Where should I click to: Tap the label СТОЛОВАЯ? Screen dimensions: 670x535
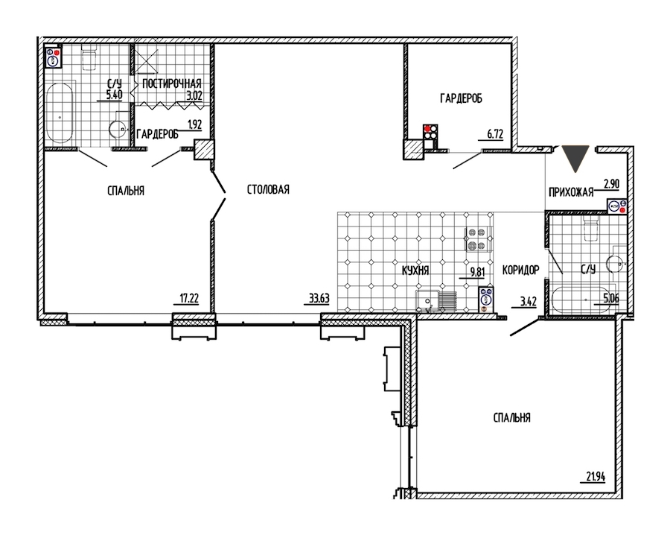tap(268, 189)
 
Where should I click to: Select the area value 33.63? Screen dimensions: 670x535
tap(319, 298)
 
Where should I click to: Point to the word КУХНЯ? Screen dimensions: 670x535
tap(415, 270)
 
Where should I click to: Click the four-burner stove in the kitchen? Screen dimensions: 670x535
tap(476, 238)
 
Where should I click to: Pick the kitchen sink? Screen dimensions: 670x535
tap(427, 301)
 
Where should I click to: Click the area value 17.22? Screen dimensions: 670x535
tap(188, 298)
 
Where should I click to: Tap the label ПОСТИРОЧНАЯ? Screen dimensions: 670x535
tap(172, 83)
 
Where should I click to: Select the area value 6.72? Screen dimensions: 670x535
tap(495, 134)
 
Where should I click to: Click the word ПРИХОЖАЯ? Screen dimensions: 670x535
tap(571, 192)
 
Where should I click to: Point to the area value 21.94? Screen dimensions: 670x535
tap(596, 476)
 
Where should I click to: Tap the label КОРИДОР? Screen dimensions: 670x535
tap(520, 270)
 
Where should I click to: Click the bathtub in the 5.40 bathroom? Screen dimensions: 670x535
tap(60, 113)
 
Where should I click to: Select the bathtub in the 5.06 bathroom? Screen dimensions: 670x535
tap(584, 300)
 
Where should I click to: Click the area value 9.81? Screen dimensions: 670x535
tap(477, 272)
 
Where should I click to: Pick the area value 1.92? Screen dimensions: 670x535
tap(194, 124)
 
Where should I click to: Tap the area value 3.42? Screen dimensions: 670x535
tap(528, 302)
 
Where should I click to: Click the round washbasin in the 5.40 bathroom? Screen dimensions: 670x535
tap(117, 128)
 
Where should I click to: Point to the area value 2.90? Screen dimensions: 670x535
tap(611, 184)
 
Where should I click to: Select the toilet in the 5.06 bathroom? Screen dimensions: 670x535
tap(592, 228)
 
